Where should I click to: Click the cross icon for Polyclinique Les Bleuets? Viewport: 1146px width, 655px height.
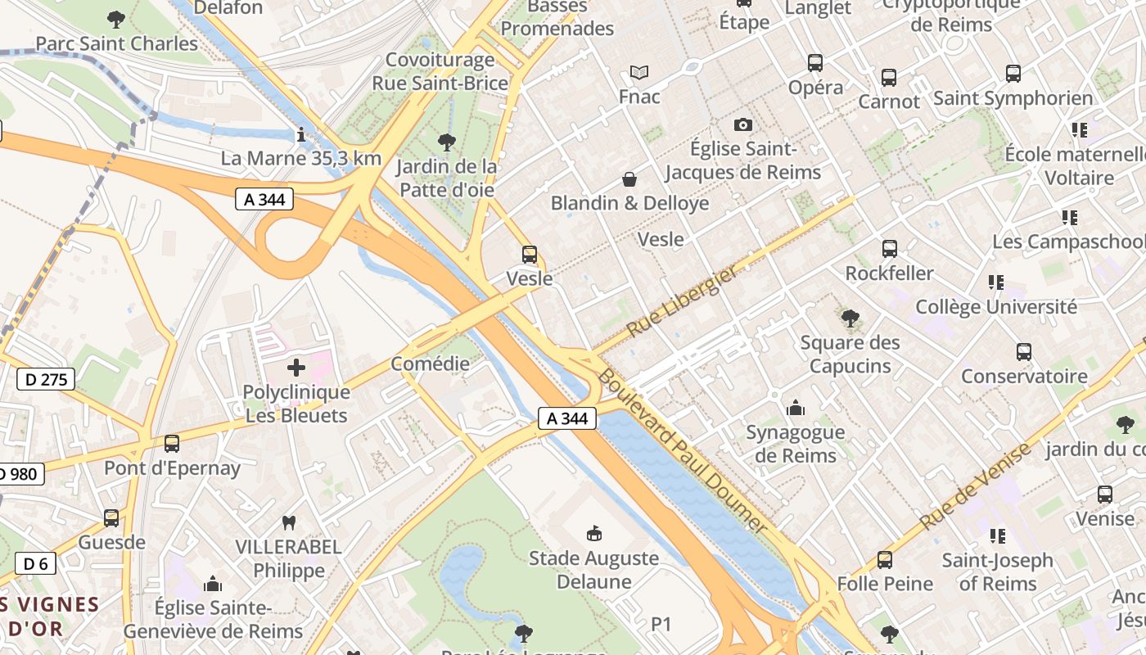(296, 368)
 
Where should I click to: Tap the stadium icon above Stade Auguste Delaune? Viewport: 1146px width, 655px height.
(594, 534)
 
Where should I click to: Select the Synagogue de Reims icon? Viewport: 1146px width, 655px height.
(795, 408)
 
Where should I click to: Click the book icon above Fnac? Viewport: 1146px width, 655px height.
(639, 72)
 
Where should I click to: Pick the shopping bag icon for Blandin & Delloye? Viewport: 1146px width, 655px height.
(629, 178)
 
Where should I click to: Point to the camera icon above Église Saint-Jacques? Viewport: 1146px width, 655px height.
(742, 124)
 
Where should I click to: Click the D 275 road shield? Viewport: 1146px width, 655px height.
(46, 379)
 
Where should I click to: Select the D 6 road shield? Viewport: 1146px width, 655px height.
(35, 563)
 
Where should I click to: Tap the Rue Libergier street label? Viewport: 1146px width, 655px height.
(682, 301)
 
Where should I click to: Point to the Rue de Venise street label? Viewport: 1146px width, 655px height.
(975, 486)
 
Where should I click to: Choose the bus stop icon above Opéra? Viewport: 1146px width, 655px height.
(815, 63)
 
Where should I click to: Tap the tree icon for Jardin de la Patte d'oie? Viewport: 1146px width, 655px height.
(446, 142)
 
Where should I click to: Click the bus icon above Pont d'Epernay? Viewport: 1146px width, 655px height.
(172, 444)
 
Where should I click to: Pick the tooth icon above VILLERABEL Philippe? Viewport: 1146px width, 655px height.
(288, 522)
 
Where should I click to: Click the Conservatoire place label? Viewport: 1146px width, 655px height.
(1023, 377)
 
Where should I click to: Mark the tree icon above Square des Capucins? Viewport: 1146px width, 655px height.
(850, 318)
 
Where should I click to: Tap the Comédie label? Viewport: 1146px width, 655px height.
(430, 364)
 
